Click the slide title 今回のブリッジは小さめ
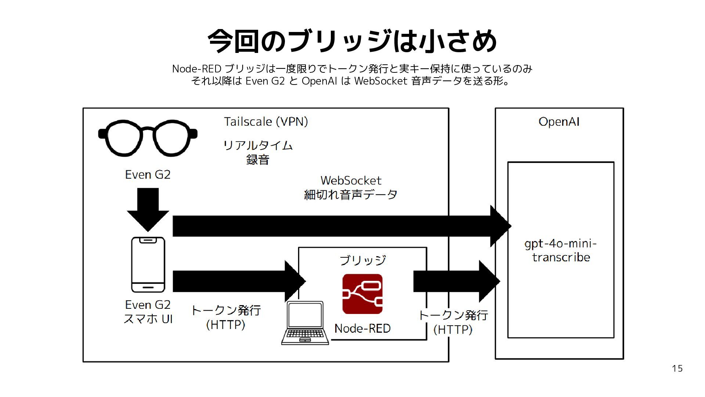coord(352,41)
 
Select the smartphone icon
coord(148,265)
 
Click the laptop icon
coord(305,323)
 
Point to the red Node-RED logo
coord(362,294)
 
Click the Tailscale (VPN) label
coord(266,122)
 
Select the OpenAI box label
coord(559,122)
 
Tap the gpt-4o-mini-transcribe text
coord(561,250)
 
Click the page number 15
coord(677,368)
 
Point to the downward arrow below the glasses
coord(148,210)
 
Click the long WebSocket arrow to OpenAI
coord(342,226)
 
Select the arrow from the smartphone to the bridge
coord(239,281)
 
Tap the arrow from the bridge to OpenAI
coord(457,281)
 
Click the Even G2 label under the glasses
coord(148,175)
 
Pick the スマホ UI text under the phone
coord(148,319)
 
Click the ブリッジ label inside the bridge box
coord(362,260)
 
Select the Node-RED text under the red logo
coord(362,328)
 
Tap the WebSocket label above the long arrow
coord(351,180)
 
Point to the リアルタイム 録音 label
coord(258,152)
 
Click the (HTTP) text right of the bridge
coord(453,329)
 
